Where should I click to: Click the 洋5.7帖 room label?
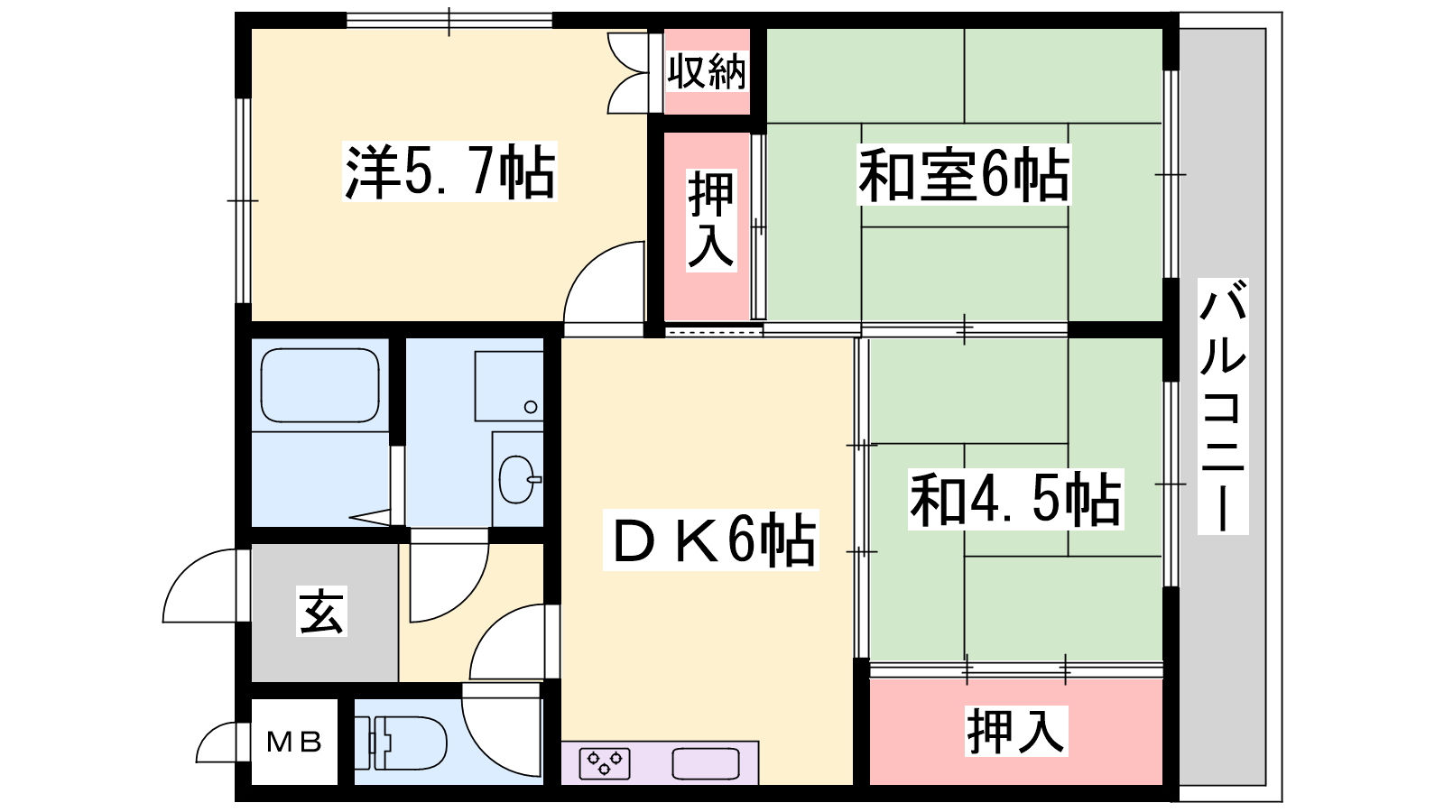click(450, 172)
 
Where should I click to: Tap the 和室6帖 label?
click(964, 175)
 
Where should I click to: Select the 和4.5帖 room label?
click(1015, 500)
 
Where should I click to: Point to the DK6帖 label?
click(711, 540)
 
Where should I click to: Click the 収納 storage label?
click(708, 72)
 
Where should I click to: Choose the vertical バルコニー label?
click(1222, 406)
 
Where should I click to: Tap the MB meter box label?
click(294, 743)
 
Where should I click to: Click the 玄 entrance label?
click(321, 611)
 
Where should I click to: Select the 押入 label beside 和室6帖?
click(710, 220)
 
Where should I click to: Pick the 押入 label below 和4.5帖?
click(1015, 731)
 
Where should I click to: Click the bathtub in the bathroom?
click(319, 385)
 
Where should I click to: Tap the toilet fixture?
click(401, 743)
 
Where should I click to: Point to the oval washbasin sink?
click(517, 479)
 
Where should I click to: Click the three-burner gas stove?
click(605, 763)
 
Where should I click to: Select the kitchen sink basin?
click(705, 763)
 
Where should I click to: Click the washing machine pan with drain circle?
click(509, 386)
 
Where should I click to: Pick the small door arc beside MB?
click(217, 743)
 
